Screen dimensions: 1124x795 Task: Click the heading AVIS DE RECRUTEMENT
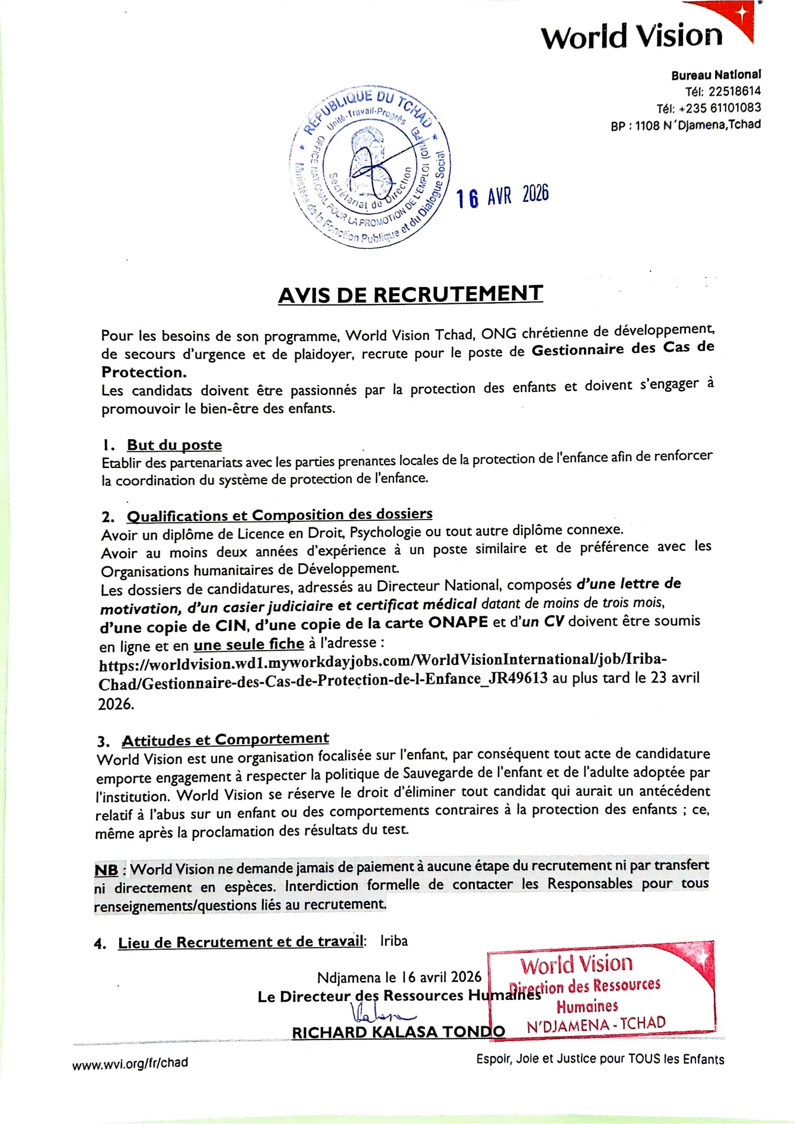click(410, 295)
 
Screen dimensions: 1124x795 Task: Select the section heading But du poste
click(174, 445)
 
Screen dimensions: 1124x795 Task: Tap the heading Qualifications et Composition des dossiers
click(280, 515)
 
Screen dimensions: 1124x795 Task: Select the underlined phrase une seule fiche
click(248, 644)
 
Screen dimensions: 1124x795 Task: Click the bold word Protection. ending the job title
click(144, 372)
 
